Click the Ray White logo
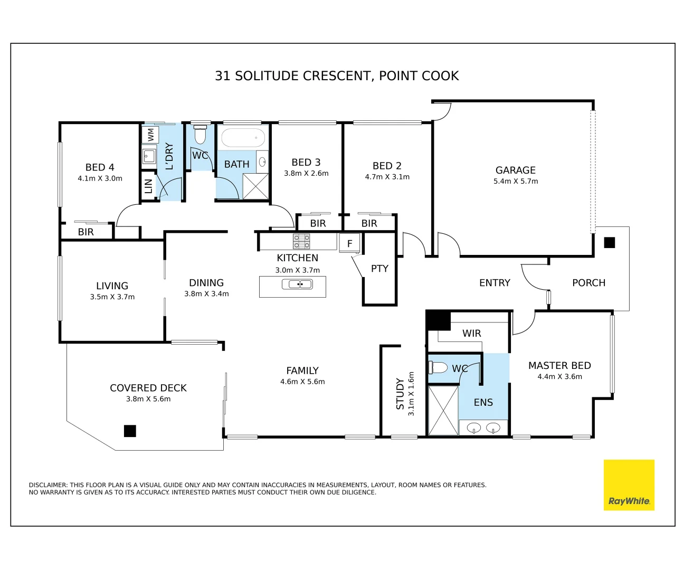[629, 485]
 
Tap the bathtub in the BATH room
[243, 138]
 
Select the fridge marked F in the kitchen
[349, 243]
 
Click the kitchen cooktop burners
[301, 241]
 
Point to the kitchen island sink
[297, 284]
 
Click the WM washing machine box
[150, 135]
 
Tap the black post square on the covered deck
[130, 431]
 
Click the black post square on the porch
[609, 242]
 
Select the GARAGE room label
[515, 170]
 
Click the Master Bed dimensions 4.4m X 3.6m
[559, 376]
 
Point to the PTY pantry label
[379, 269]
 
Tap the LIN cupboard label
[148, 186]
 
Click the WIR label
[471, 333]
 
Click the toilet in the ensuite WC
[438, 367]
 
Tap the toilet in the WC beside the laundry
[200, 135]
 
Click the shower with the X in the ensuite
[443, 411]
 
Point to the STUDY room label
[400, 393]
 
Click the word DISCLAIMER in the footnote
[48, 485]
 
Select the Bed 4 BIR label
[86, 232]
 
